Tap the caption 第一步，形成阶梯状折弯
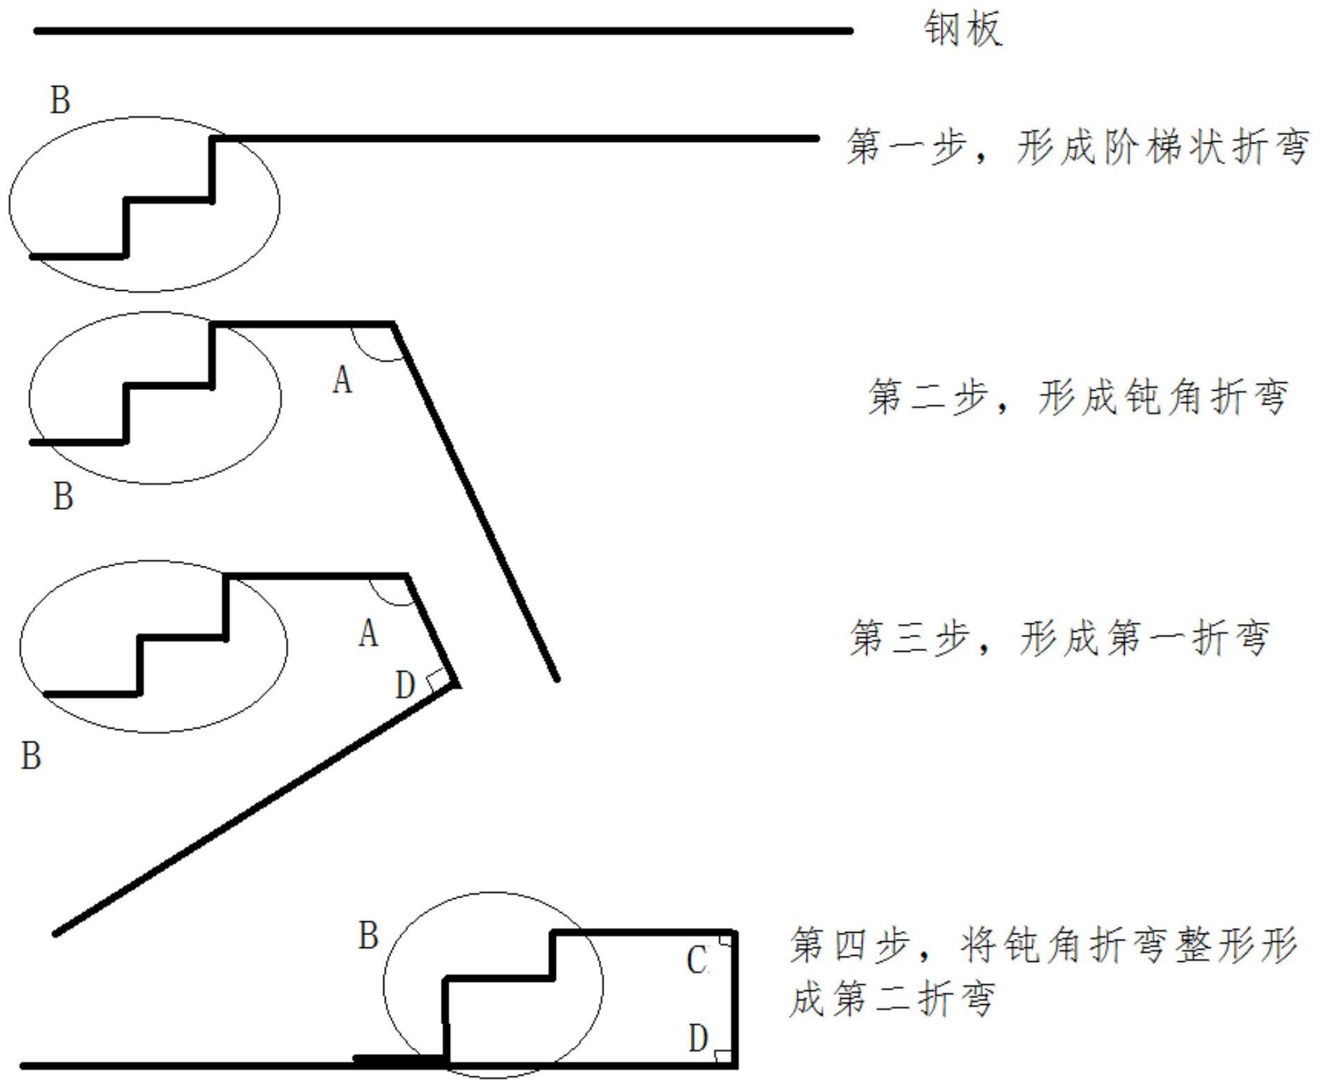click(x=1077, y=147)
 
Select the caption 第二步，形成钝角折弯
click(x=1077, y=397)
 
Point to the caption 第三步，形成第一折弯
click(x=1059, y=638)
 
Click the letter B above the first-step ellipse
click(x=60, y=100)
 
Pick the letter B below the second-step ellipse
click(x=63, y=497)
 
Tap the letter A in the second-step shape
click(x=342, y=380)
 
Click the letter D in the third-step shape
click(x=405, y=686)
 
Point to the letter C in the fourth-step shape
click(x=697, y=961)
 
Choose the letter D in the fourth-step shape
click(x=698, y=1038)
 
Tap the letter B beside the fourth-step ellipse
click(x=368, y=936)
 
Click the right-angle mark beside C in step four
click(x=725, y=940)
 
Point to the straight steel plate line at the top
click(x=443, y=31)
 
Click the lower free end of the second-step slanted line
click(x=557, y=679)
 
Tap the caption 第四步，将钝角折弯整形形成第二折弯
click(x=1042, y=971)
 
